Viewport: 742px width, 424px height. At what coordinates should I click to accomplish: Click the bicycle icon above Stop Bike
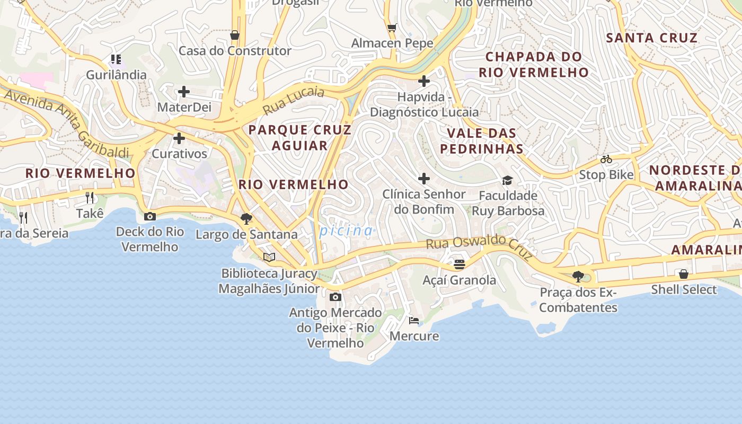click(x=606, y=159)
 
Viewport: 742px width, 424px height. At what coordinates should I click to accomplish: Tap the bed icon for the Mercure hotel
click(x=414, y=320)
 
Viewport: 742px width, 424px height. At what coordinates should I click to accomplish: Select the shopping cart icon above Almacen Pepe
click(x=392, y=28)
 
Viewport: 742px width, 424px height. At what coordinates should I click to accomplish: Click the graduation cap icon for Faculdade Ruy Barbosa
click(x=508, y=180)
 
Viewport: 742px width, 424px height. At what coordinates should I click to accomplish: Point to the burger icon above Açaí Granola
click(x=460, y=264)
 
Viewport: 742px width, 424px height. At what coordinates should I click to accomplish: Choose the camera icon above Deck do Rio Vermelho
click(x=150, y=216)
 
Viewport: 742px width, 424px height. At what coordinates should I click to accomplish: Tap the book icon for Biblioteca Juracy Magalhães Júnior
click(x=269, y=258)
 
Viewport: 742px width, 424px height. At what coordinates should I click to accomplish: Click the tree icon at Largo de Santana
click(x=246, y=218)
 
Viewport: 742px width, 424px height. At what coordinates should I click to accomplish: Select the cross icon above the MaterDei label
click(x=184, y=92)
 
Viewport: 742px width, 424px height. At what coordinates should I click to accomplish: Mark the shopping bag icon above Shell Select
click(x=684, y=274)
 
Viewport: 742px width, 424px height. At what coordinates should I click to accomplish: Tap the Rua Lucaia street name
click(x=294, y=100)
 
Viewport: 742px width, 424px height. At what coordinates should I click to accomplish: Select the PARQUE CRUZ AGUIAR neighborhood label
click(x=300, y=138)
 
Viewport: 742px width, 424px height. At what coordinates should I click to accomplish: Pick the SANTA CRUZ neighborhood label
click(x=651, y=38)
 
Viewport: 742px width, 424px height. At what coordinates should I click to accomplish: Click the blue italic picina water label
click(x=346, y=231)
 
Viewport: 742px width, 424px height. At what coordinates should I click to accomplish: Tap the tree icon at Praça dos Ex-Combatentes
click(x=578, y=276)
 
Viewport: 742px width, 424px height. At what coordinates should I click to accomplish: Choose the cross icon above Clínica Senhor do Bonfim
click(x=424, y=179)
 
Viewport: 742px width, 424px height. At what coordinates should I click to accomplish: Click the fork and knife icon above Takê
click(x=90, y=198)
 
